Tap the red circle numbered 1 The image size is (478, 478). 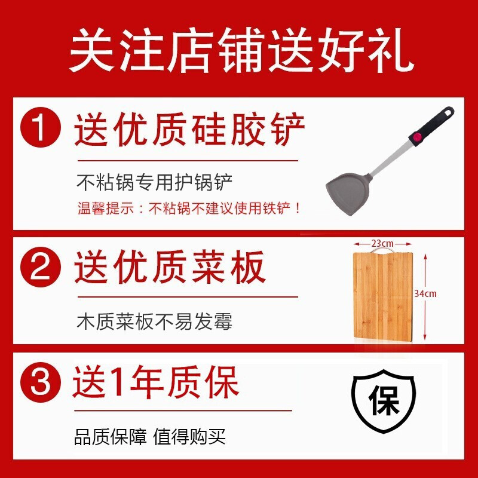coord(41,127)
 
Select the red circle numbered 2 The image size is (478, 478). coord(41,269)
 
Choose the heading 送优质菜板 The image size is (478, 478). coord(170,269)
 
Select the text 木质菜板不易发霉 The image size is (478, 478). coord(155,322)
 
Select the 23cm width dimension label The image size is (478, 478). coord(382,243)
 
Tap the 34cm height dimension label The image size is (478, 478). coord(425,293)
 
